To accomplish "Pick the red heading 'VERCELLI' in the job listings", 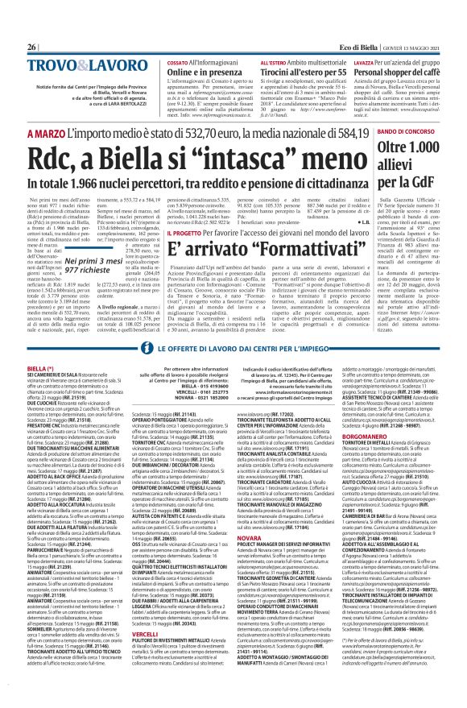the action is coord(143,587).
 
